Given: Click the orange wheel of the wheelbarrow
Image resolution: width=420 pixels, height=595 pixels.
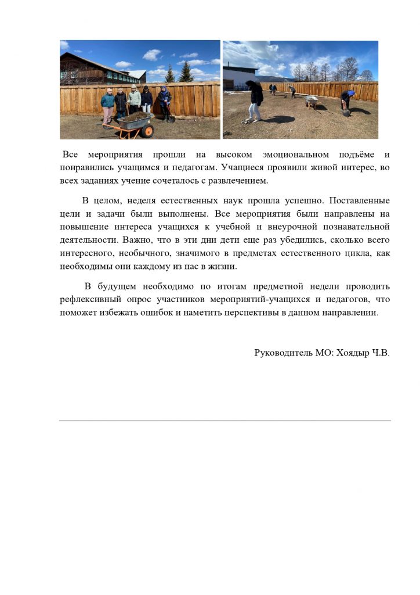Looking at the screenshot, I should [x=147, y=131].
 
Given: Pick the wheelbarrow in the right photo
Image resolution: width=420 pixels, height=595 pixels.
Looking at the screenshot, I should [x=312, y=102].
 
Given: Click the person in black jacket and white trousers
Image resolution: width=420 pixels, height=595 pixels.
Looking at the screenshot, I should [x=255, y=101].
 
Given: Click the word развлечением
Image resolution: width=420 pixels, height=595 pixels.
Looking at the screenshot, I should [x=238, y=181].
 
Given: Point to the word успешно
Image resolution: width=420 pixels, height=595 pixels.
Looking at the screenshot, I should [x=303, y=200].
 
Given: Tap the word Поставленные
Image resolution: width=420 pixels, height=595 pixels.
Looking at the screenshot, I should [x=360, y=200].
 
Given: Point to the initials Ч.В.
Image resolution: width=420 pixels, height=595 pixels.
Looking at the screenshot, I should [x=381, y=353].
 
